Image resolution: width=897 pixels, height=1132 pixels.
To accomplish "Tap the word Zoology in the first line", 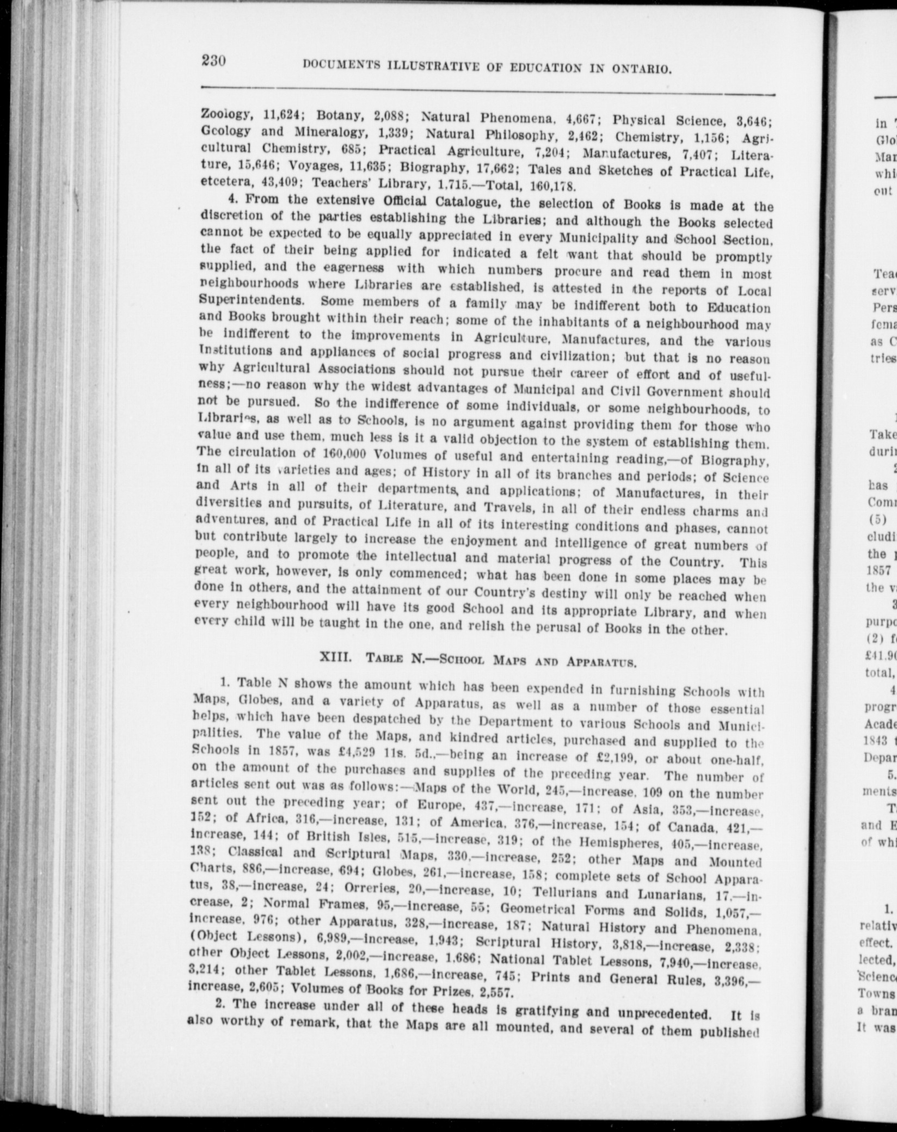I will (225, 115).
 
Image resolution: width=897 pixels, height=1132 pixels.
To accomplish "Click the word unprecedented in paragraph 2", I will (662, 1012).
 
